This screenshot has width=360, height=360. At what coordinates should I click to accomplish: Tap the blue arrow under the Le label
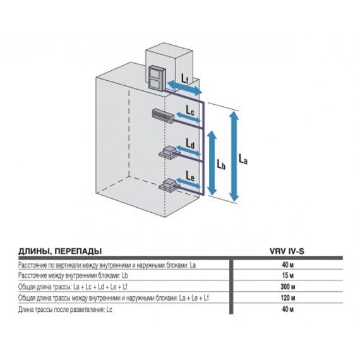[x=189, y=186]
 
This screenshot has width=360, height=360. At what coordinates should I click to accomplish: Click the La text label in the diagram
[x=244, y=158]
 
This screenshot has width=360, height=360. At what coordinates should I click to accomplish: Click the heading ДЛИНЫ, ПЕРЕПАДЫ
[x=60, y=250]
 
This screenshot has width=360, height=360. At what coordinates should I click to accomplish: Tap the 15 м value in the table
[x=287, y=276]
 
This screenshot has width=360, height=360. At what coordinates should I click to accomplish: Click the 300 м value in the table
[x=287, y=287]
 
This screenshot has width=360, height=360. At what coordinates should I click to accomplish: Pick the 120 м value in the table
[x=287, y=299]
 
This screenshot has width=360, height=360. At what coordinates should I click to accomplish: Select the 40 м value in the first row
[x=287, y=265]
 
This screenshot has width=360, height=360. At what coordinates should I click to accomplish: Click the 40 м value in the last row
[x=287, y=310]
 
